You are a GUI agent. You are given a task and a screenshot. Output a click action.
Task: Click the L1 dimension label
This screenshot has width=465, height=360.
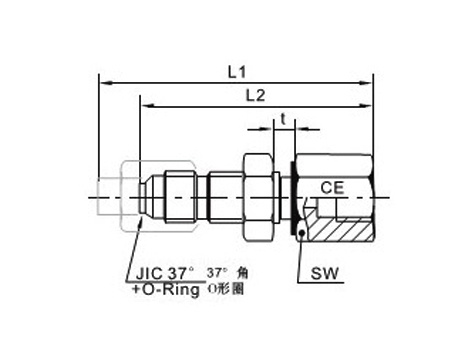coord(237,72)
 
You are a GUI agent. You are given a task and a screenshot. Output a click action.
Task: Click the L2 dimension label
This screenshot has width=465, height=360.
coord(255,96)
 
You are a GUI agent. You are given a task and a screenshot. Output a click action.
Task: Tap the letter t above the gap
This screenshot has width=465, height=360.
coord(283,119)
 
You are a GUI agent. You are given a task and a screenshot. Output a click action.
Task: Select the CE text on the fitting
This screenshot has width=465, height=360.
coord(332,188)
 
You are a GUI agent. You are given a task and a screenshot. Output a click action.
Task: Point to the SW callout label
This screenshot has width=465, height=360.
coord(324,273)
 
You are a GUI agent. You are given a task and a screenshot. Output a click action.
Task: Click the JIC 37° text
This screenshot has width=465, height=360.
coord(165,274)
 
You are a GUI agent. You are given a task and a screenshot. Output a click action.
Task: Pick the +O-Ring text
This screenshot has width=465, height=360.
coord(166,289)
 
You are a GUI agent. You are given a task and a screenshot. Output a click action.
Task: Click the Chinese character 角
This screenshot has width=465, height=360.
coord(242,273)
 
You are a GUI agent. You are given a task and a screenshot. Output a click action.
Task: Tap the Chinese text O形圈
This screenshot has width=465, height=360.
coord(226,289)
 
